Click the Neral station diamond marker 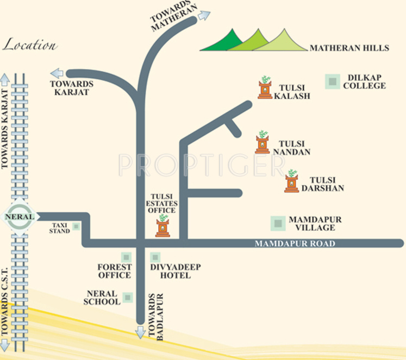[20, 217]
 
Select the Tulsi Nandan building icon [263, 142]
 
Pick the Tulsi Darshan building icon [292, 182]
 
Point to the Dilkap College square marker [332, 81]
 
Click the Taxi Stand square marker [76, 226]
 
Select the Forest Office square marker [126, 257]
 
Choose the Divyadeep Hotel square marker [155, 257]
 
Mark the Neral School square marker [128, 297]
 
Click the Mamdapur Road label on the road [295, 244]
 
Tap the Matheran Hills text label [349, 48]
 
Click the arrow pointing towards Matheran [204, 15]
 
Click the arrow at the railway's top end [5, 79]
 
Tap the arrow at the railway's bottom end [5, 344]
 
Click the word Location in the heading [30, 45]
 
